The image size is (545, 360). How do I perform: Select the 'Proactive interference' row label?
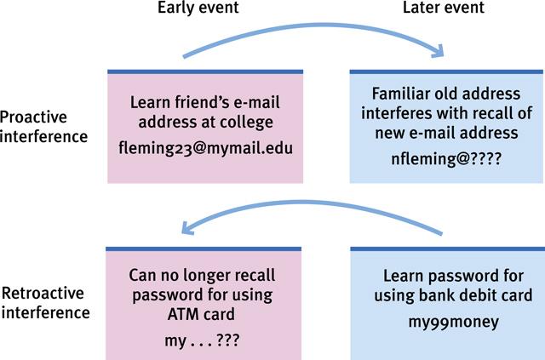pyautogui.click(x=40, y=126)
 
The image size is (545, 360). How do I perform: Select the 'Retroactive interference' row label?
pyautogui.click(x=45, y=304)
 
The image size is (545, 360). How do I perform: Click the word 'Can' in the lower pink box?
pyautogui.click(x=141, y=275)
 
